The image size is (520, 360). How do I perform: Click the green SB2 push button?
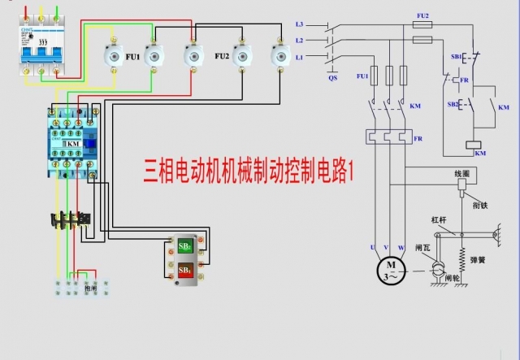185,247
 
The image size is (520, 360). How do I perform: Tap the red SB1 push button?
185,269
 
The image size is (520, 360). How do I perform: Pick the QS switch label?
332,78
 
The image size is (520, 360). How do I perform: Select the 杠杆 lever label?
439,219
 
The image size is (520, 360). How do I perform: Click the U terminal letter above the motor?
371,246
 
